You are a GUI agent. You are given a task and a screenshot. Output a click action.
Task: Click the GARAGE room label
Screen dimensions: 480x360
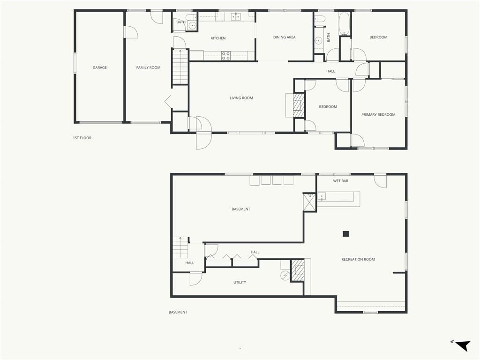[100, 67]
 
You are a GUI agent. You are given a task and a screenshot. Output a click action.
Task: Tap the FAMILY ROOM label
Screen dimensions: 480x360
[149, 67]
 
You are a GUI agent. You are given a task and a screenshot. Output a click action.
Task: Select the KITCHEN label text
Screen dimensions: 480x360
[218, 38]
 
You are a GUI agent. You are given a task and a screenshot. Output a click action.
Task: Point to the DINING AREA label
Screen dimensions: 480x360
[285, 37]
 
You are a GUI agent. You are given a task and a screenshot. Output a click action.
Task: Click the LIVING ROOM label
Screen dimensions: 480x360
[241, 98]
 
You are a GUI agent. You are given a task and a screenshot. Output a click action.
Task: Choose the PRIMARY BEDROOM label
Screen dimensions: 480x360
[378, 114]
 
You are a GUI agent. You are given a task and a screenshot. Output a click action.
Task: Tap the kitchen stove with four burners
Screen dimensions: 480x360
[226, 56]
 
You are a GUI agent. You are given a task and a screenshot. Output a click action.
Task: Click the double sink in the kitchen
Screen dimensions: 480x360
[236, 16]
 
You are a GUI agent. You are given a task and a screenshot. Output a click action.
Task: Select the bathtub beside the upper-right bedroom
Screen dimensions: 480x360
[345, 24]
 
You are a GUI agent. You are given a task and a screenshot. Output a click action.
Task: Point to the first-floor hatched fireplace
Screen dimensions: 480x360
[299, 105]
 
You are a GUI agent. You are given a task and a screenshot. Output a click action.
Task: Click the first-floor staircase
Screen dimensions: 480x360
[180, 67]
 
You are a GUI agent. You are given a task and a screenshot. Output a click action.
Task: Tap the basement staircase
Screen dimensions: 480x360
[180, 247]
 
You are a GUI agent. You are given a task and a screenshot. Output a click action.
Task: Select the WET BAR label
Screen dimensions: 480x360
[341, 181]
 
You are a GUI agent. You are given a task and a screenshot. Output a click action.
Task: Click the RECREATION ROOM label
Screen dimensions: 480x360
[358, 259]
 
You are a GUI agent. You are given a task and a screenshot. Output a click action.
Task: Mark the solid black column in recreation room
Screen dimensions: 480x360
[346, 234]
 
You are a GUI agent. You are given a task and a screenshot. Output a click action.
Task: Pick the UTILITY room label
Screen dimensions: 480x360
[240, 283]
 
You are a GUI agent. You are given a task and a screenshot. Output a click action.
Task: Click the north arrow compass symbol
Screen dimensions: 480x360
[463, 345]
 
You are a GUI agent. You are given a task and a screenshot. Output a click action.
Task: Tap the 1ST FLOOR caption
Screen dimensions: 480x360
[82, 138]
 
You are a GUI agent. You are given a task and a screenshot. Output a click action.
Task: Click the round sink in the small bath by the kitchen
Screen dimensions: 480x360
[193, 26]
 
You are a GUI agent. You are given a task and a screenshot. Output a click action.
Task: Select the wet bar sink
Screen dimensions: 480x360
[322, 196]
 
